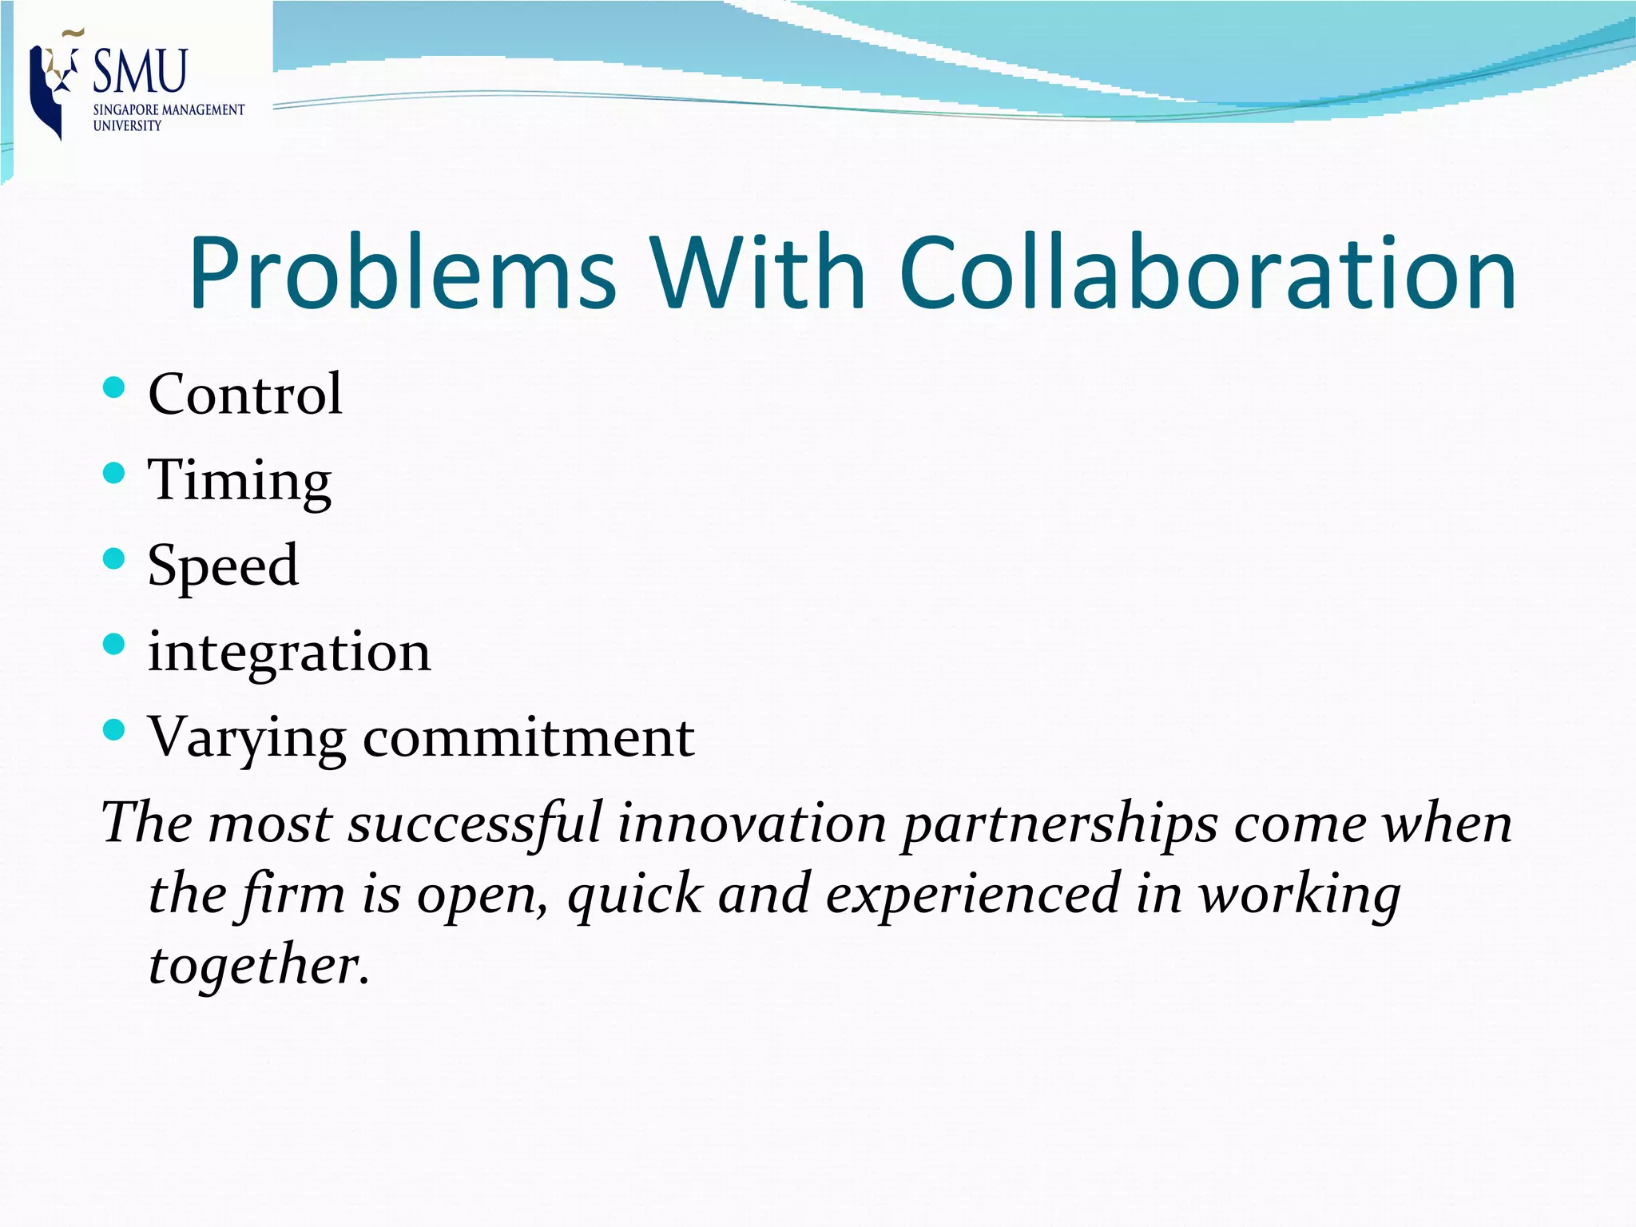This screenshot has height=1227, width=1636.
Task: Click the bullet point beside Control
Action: click(114, 388)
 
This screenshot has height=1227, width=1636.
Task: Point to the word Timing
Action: click(240, 482)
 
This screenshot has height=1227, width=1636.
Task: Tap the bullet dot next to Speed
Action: click(114, 558)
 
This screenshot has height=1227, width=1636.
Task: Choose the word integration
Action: click(289, 651)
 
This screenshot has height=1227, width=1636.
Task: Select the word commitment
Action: click(529, 737)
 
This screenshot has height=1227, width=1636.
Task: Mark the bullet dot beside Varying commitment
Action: click(114, 729)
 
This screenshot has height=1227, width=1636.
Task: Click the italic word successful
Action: click(475, 823)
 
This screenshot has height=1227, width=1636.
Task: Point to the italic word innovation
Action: click(752, 823)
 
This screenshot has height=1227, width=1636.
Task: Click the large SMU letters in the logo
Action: click(141, 71)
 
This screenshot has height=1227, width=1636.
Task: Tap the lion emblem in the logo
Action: click(54, 84)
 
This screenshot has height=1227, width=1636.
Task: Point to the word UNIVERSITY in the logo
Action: click(127, 126)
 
